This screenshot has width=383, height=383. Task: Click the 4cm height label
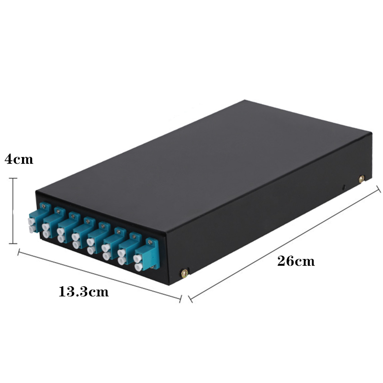(19, 159)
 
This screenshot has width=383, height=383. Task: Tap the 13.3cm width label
(83, 292)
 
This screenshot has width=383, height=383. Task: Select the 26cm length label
(296, 260)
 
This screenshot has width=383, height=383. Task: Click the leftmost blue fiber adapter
(39, 218)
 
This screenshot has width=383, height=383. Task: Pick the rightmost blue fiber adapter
(146, 255)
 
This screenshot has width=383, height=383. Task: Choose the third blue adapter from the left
(69, 227)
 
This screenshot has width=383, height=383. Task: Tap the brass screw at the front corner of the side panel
(184, 273)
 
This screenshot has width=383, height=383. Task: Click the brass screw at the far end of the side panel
(362, 179)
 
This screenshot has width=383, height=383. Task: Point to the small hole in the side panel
(343, 187)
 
